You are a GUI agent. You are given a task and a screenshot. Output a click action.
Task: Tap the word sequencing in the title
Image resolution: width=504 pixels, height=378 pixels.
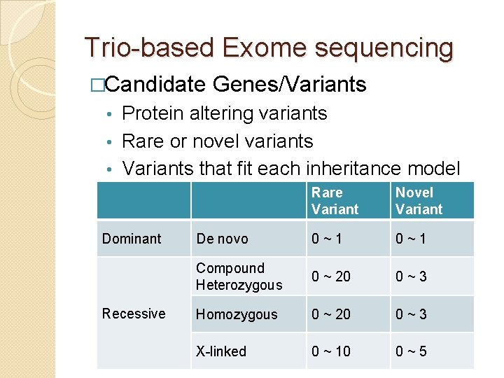tap(384, 49)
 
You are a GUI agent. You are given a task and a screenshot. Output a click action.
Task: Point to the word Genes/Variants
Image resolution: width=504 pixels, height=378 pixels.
tap(289, 85)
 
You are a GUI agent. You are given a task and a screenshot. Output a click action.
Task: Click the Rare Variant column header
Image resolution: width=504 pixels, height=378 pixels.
tap(335, 201)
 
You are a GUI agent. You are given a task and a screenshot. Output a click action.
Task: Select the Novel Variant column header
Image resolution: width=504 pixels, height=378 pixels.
tap(419, 201)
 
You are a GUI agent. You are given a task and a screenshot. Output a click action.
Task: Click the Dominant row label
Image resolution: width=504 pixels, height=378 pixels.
tap(132, 239)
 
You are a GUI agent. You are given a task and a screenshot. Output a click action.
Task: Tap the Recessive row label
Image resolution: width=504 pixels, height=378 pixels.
tap(134, 314)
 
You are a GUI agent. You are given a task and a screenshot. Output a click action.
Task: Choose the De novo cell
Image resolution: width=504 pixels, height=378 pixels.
tap(222, 239)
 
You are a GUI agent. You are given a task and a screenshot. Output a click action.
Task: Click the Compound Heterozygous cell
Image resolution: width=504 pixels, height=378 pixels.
tap(239, 276)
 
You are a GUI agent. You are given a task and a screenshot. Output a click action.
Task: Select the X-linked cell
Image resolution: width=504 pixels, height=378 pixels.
tap(221, 351)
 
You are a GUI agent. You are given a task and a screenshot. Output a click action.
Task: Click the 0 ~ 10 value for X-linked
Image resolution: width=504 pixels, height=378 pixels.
tap(331, 351)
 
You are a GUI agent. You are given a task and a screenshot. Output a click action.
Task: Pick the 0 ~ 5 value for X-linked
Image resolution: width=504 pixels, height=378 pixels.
tap(411, 351)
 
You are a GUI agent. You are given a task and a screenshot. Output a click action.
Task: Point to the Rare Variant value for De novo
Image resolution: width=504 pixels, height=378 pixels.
tap(328, 239)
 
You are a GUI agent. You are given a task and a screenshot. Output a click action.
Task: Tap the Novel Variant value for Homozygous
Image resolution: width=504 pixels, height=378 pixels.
tap(411, 314)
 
